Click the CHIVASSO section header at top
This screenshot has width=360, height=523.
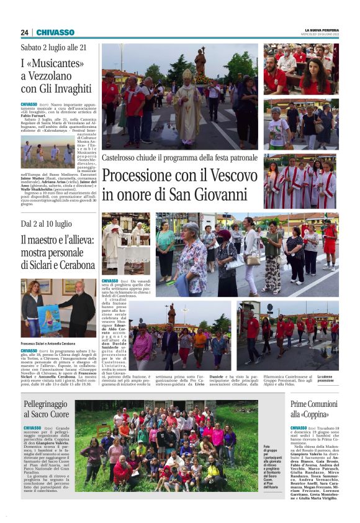55,32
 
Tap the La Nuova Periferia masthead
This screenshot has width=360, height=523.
322,30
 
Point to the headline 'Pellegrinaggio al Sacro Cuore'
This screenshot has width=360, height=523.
47,408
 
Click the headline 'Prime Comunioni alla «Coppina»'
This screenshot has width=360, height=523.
313,408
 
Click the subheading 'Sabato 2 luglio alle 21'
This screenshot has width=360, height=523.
53,47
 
